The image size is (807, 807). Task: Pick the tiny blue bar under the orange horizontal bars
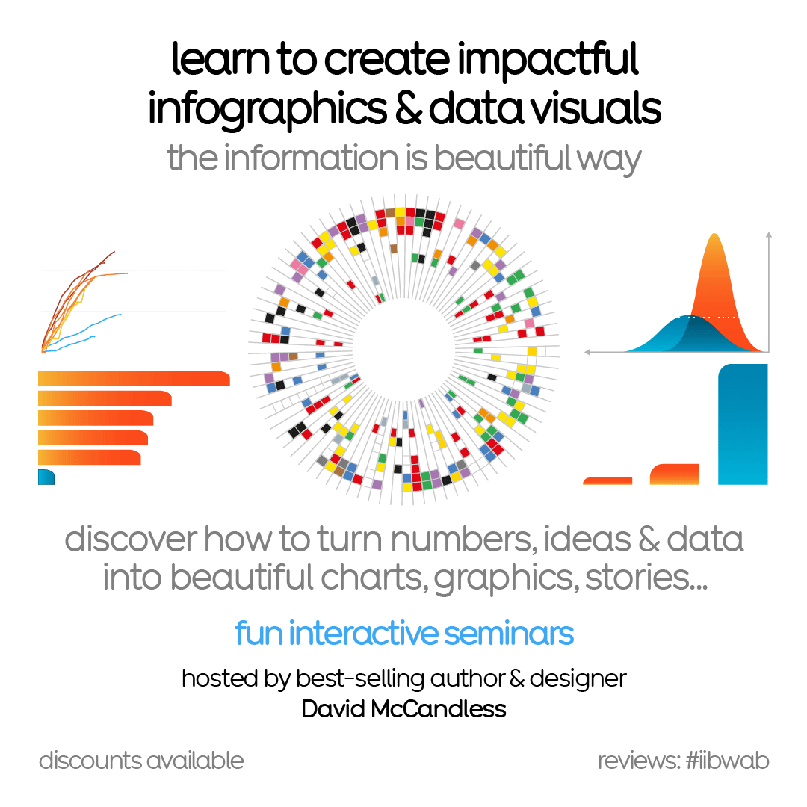coord(46,477)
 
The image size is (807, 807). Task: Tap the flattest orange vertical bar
coord(607,480)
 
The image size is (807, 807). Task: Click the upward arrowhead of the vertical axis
coord(768,235)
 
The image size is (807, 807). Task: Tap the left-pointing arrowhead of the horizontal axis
coord(588,350)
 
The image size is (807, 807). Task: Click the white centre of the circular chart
coord(403,344)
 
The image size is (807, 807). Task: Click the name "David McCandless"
coord(403,708)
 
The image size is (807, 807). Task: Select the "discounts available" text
coord(141,761)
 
